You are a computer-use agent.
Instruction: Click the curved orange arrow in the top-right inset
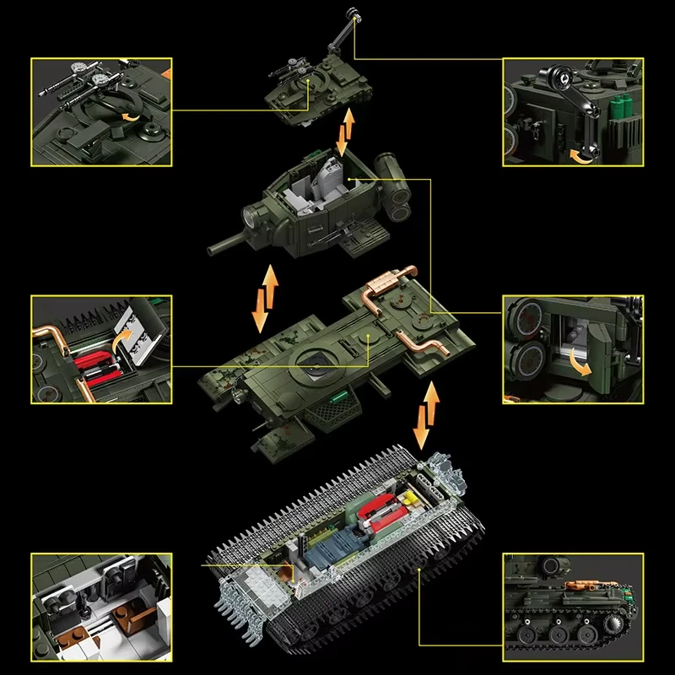582,154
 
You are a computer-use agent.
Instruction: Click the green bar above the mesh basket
341,395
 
